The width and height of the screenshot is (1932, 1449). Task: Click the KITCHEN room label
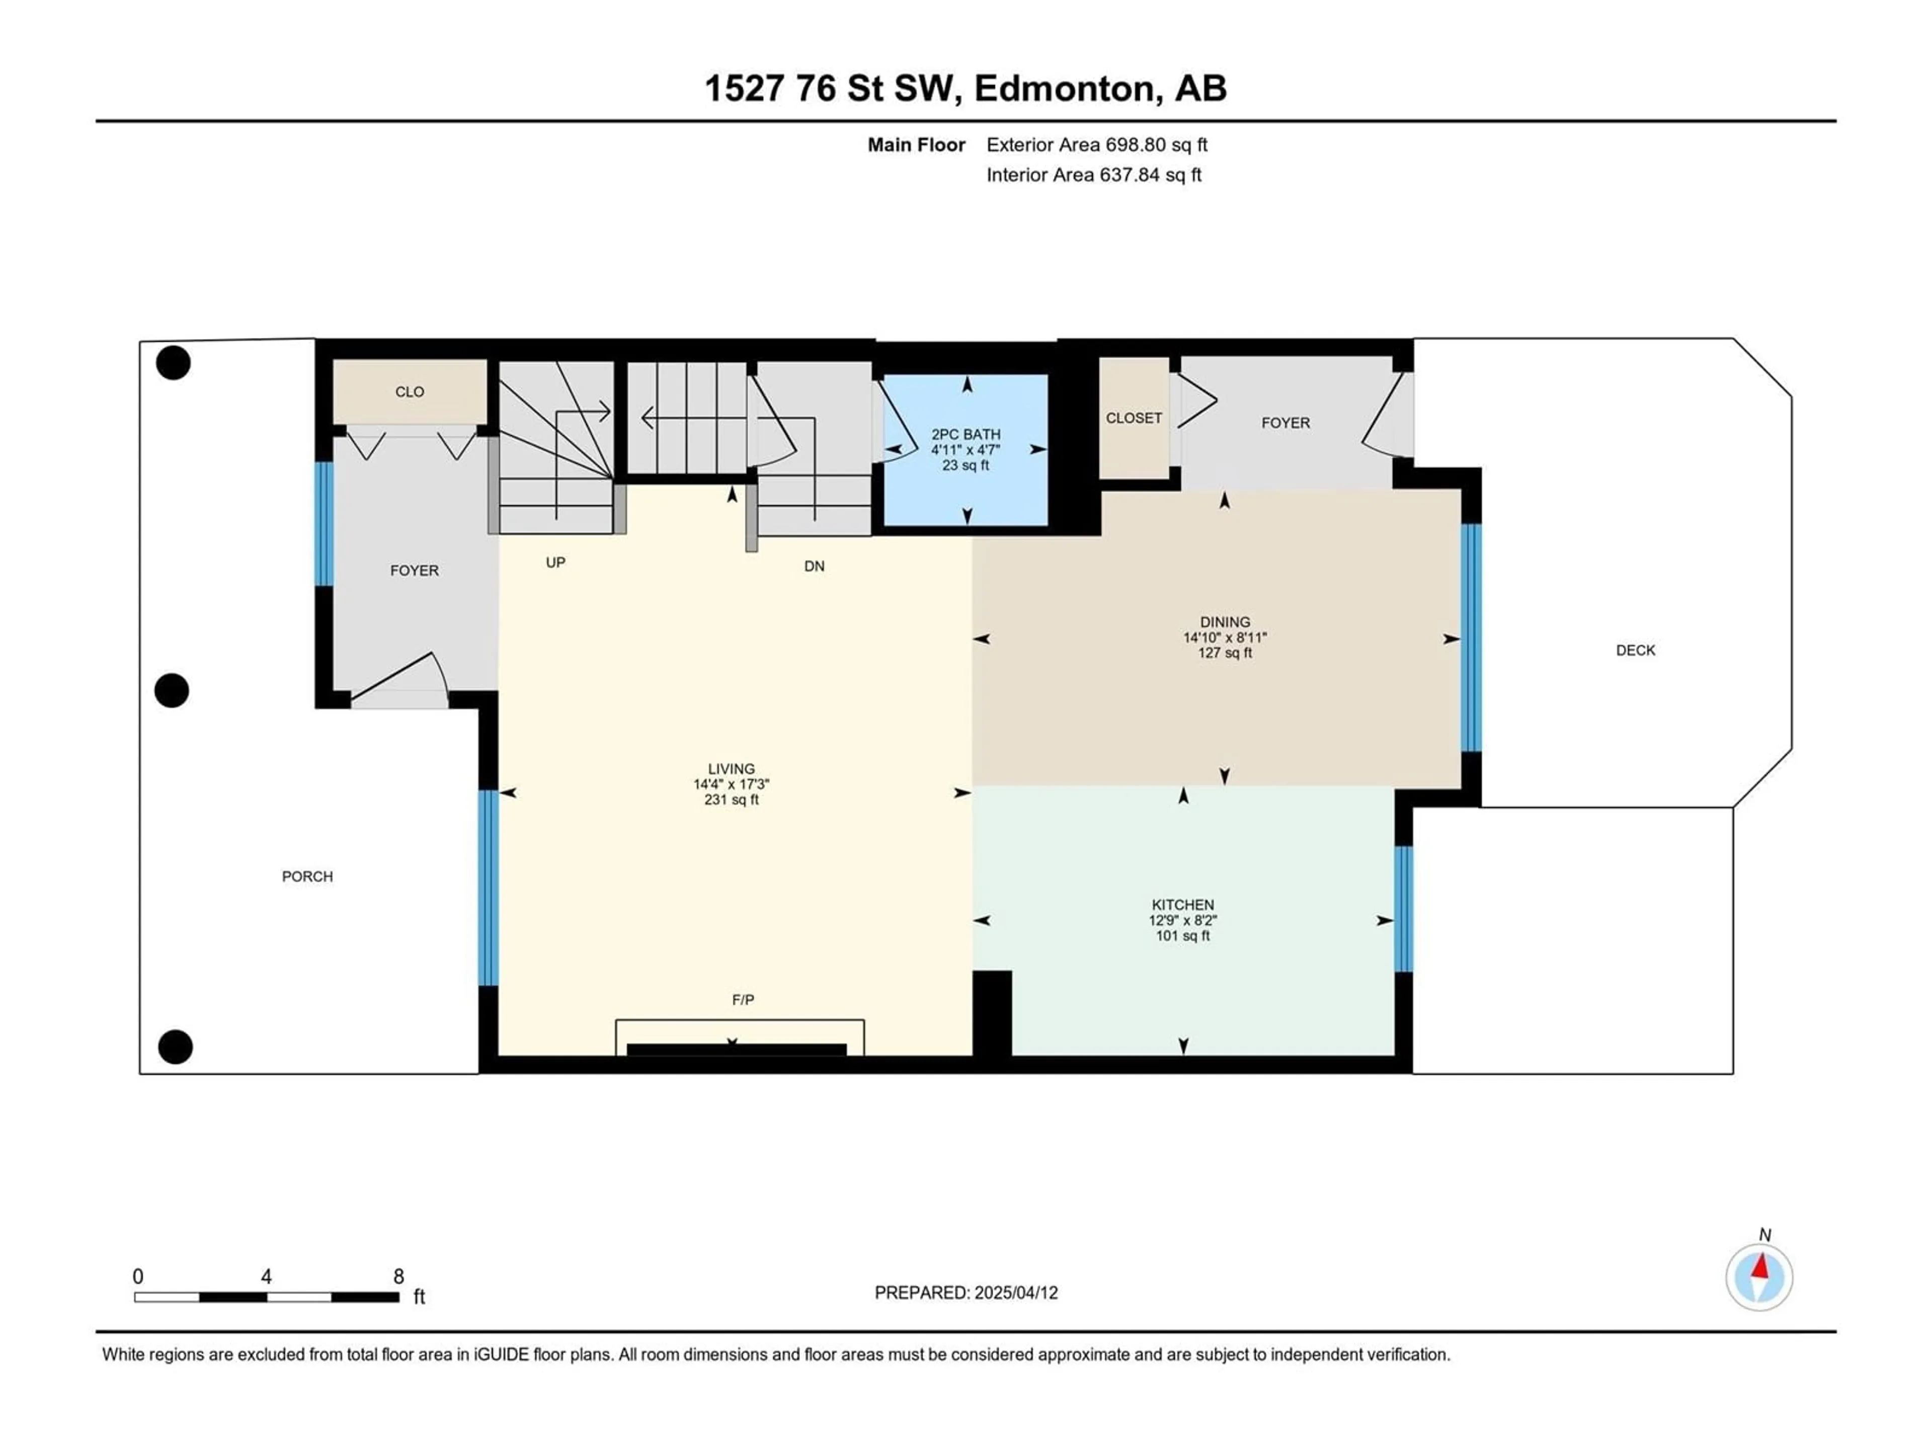coord(1183,905)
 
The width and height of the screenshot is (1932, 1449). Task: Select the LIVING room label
coord(731,769)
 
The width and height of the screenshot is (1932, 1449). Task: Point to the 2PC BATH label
coord(966,434)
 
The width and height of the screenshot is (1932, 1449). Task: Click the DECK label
coord(1635,650)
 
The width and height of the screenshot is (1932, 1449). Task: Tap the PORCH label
coord(307,876)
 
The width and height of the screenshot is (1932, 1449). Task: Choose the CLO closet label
coord(410,392)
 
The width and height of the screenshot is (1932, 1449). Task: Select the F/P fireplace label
coord(743,999)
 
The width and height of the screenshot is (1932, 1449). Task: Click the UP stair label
coord(555,562)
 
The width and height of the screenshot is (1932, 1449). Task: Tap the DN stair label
coord(814,566)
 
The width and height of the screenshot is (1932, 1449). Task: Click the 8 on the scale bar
coord(398,1276)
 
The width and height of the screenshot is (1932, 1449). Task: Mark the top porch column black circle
coord(173,362)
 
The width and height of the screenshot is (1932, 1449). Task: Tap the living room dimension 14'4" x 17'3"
coord(731,784)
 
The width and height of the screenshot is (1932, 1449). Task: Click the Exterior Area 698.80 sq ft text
coord(1097,145)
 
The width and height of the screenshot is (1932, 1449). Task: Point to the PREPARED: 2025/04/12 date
coord(966,1293)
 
